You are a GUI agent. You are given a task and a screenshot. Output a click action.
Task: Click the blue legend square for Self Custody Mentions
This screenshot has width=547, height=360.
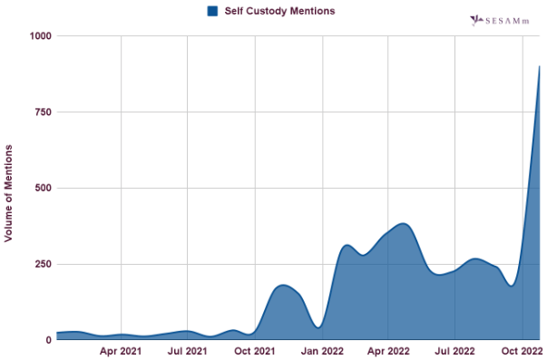point(212,11)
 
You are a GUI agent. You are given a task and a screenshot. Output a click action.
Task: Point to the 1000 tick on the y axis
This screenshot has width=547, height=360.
point(40,35)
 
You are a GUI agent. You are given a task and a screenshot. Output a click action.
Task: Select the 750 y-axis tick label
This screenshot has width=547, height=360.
point(43,112)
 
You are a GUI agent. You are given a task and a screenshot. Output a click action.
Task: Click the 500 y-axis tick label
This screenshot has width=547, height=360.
point(43,188)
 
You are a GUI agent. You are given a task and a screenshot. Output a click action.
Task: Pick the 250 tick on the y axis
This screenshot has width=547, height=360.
point(43,264)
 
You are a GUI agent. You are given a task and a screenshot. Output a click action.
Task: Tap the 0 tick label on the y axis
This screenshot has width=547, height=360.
point(48,340)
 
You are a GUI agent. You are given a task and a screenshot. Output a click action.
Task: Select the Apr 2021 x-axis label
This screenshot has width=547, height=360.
point(121,351)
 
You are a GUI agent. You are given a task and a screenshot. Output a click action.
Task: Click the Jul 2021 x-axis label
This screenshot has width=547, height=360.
point(187,351)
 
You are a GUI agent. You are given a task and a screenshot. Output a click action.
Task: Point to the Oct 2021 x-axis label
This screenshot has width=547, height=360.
point(255,351)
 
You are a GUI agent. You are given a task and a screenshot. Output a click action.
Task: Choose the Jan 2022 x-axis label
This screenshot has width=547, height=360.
point(322,351)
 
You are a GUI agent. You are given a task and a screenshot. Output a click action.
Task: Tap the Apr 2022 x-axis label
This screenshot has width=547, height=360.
point(388,351)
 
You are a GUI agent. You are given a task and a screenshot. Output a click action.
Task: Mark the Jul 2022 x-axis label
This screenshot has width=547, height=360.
point(455,351)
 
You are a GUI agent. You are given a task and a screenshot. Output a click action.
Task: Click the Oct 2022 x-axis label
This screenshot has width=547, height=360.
point(522,351)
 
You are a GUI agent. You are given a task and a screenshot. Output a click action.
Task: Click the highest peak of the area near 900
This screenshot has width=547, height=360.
point(540,66)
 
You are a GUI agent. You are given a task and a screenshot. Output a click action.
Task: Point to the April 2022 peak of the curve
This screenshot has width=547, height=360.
point(402,223)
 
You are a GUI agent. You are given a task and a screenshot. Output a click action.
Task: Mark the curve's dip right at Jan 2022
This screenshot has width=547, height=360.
point(318,327)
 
